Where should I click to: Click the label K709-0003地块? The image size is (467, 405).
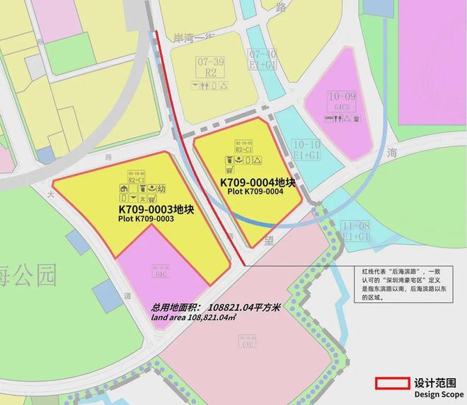155,210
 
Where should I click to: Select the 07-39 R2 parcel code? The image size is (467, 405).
209,66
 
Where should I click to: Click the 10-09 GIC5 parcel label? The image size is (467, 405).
342,101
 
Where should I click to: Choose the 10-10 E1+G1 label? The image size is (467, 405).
306,148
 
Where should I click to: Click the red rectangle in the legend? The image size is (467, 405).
392,382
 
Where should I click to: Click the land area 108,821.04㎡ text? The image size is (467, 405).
193,318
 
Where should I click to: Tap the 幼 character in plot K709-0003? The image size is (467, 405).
161,189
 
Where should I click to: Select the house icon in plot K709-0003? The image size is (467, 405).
124,189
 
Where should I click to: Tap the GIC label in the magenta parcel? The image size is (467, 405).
159,271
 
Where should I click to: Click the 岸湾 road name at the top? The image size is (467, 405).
181,36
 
